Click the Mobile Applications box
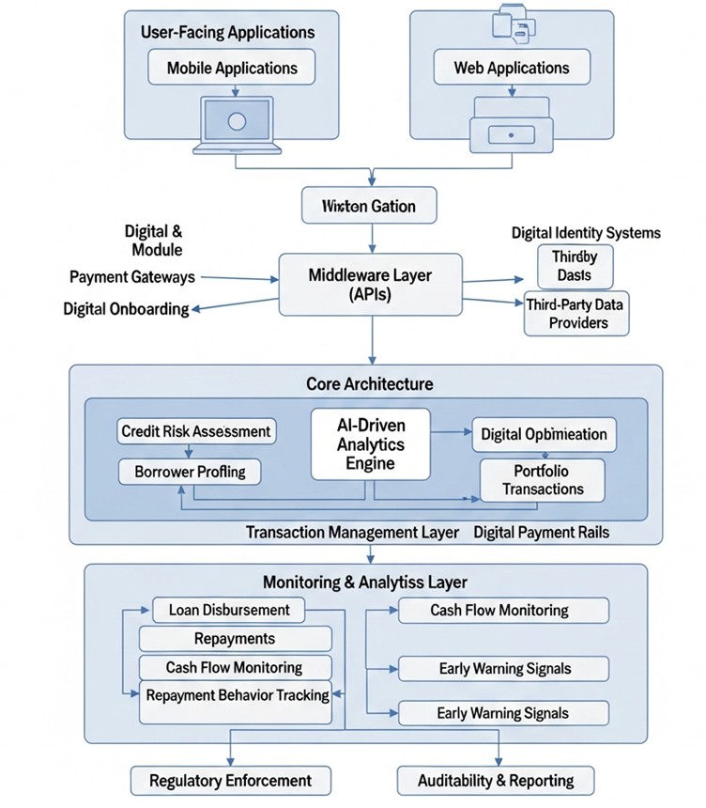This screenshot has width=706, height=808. tap(232, 68)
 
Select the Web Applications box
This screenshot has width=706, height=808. tap(513, 68)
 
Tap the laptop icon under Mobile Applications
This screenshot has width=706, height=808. tap(237, 124)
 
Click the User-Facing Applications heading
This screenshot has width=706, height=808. tap(227, 32)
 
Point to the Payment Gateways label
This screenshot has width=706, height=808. tap(132, 277)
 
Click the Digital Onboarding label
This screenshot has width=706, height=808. tap(126, 308)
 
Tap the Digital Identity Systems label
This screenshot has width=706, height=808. tap(586, 232)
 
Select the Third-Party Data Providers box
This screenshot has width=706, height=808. tap(576, 314)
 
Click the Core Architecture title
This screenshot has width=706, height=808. tap(370, 384)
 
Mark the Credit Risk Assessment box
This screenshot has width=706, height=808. tap(197, 432)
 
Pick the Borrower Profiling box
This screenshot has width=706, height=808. tap(190, 471)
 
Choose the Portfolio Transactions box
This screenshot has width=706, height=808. tap(543, 479)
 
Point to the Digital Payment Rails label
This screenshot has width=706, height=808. tap(541, 533)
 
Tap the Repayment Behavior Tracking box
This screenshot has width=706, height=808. tap(236, 696)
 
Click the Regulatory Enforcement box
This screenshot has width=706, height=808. tap(230, 780)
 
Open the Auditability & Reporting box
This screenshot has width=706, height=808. tap(497, 780)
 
